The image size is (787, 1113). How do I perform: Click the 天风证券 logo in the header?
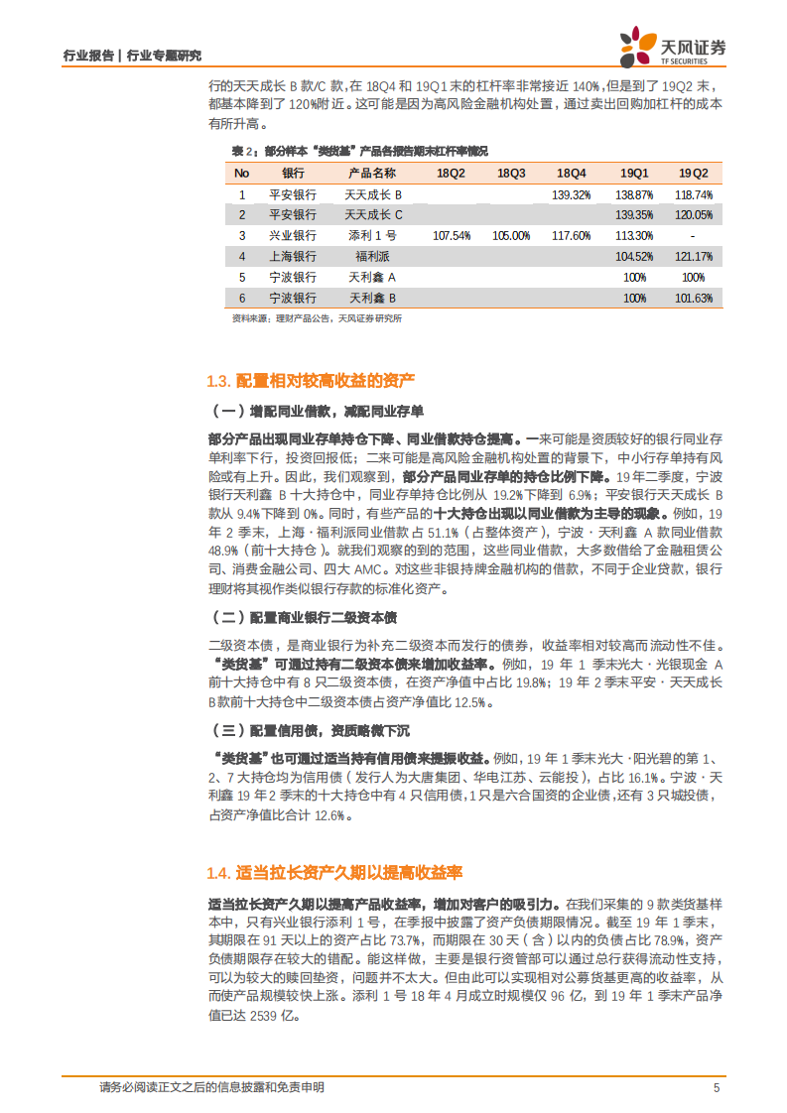click(672, 46)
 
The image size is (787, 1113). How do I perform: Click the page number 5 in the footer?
click(716, 1087)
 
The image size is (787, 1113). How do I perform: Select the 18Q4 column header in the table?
click(572, 173)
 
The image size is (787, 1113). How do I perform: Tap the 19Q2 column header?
click(694, 173)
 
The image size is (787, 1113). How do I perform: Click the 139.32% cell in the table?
click(572, 194)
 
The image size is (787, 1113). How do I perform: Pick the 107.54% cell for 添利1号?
click(451, 236)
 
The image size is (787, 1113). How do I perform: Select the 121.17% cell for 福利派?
click(694, 256)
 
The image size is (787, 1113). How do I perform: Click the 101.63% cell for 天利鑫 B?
click(694, 298)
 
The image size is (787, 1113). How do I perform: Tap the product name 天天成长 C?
click(373, 214)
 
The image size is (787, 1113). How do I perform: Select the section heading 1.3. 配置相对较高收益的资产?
click(311, 382)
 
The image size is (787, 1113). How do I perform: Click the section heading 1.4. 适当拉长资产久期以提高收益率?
click(335, 873)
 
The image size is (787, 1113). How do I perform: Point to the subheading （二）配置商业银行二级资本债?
click(300, 618)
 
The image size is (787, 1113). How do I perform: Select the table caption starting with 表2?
click(359, 151)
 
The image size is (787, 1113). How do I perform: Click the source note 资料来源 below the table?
click(316, 318)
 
